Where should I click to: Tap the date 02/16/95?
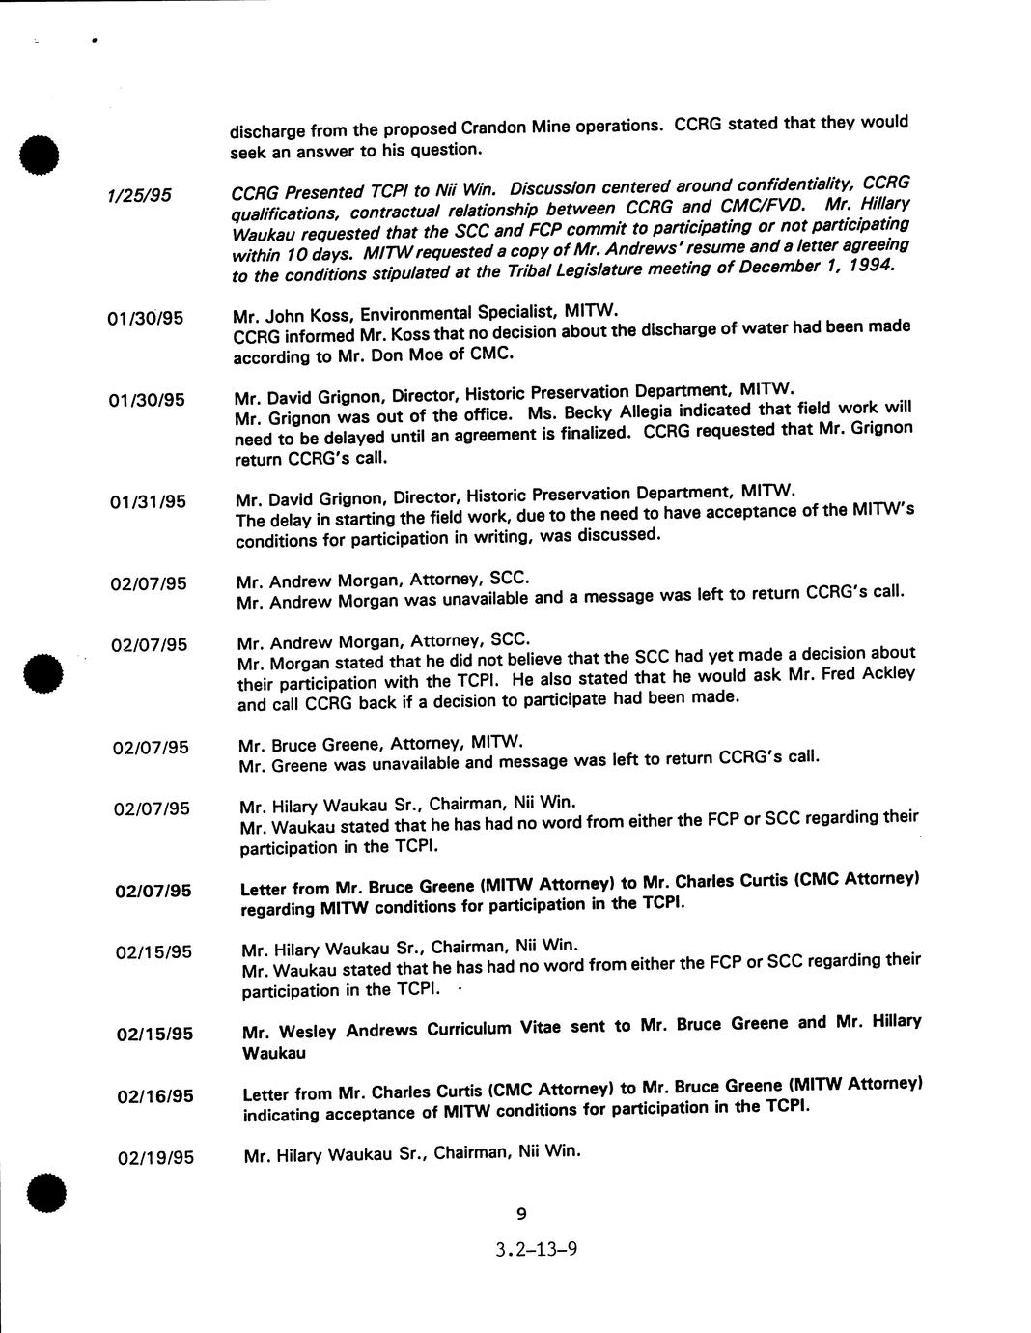tap(154, 1096)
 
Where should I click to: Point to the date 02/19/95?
tap(154, 1157)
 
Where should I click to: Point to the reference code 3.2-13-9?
tap(537, 1250)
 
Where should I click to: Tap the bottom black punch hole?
tap(44, 1194)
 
